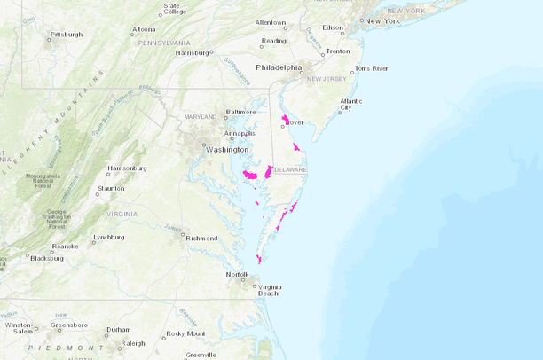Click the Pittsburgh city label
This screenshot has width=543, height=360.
click(x=67, y=35)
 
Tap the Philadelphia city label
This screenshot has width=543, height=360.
click(x=279, y=67)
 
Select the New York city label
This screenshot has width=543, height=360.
click(x=382, y=20)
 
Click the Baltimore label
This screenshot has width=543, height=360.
click(x=240, y=112)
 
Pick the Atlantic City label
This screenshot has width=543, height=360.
click(x=351, y=105)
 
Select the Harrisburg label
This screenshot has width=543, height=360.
click(x=192, y=52)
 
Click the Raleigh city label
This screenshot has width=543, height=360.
click(x=133, y=343)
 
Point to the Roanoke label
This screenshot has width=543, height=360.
click(x=65, y=247)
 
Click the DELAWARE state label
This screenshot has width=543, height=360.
click(x=289, y=169)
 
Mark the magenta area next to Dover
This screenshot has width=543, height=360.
click(x=285, y=119)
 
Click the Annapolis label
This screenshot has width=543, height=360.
click(x=240, y=133)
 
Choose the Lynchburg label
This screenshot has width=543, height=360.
click(x=109, y=237)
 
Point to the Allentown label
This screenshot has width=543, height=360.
click(x=271, y=22)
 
